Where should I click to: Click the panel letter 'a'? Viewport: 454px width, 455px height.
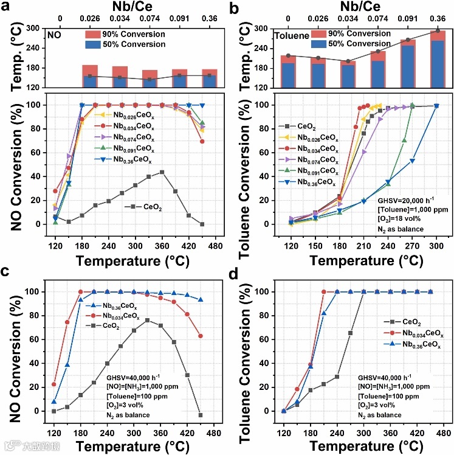coord(9,8)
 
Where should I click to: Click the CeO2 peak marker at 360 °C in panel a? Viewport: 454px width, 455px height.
coord(162,172)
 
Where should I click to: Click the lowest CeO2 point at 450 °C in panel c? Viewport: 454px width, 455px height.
coord(201,415)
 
